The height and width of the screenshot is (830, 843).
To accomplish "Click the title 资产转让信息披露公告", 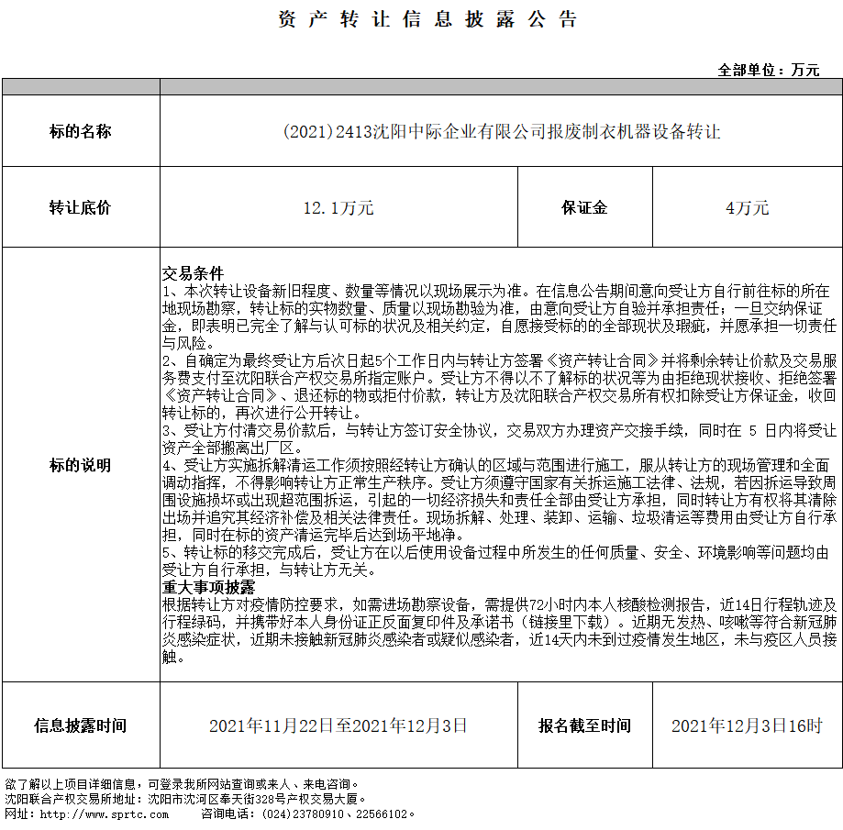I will point(427,20).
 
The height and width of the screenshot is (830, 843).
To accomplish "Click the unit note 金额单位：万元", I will point(769,70).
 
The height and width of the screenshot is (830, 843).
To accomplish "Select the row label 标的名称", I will point(80,131).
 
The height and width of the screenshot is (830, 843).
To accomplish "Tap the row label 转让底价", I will point(80,207).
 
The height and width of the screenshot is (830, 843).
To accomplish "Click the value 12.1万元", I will point(338,208).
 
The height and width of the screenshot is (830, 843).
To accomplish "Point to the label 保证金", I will point(584,207).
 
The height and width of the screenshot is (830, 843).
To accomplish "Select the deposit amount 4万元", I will point(747,208).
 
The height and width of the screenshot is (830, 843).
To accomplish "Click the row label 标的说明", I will point(80,465).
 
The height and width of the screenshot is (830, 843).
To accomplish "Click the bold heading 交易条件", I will point(193,273).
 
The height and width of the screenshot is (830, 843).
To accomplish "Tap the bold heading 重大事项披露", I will point(208,587).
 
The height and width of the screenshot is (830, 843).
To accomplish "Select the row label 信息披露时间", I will point(80,725).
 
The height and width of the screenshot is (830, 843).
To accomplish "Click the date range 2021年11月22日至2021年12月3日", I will point(338,726).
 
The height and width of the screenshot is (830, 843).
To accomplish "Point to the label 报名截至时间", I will point(584,725).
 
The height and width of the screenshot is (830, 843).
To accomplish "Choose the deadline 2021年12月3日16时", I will point(747,726).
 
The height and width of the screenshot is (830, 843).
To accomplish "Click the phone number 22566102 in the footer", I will point(376,813).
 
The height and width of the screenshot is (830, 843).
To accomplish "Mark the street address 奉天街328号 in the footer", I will point(244,799).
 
